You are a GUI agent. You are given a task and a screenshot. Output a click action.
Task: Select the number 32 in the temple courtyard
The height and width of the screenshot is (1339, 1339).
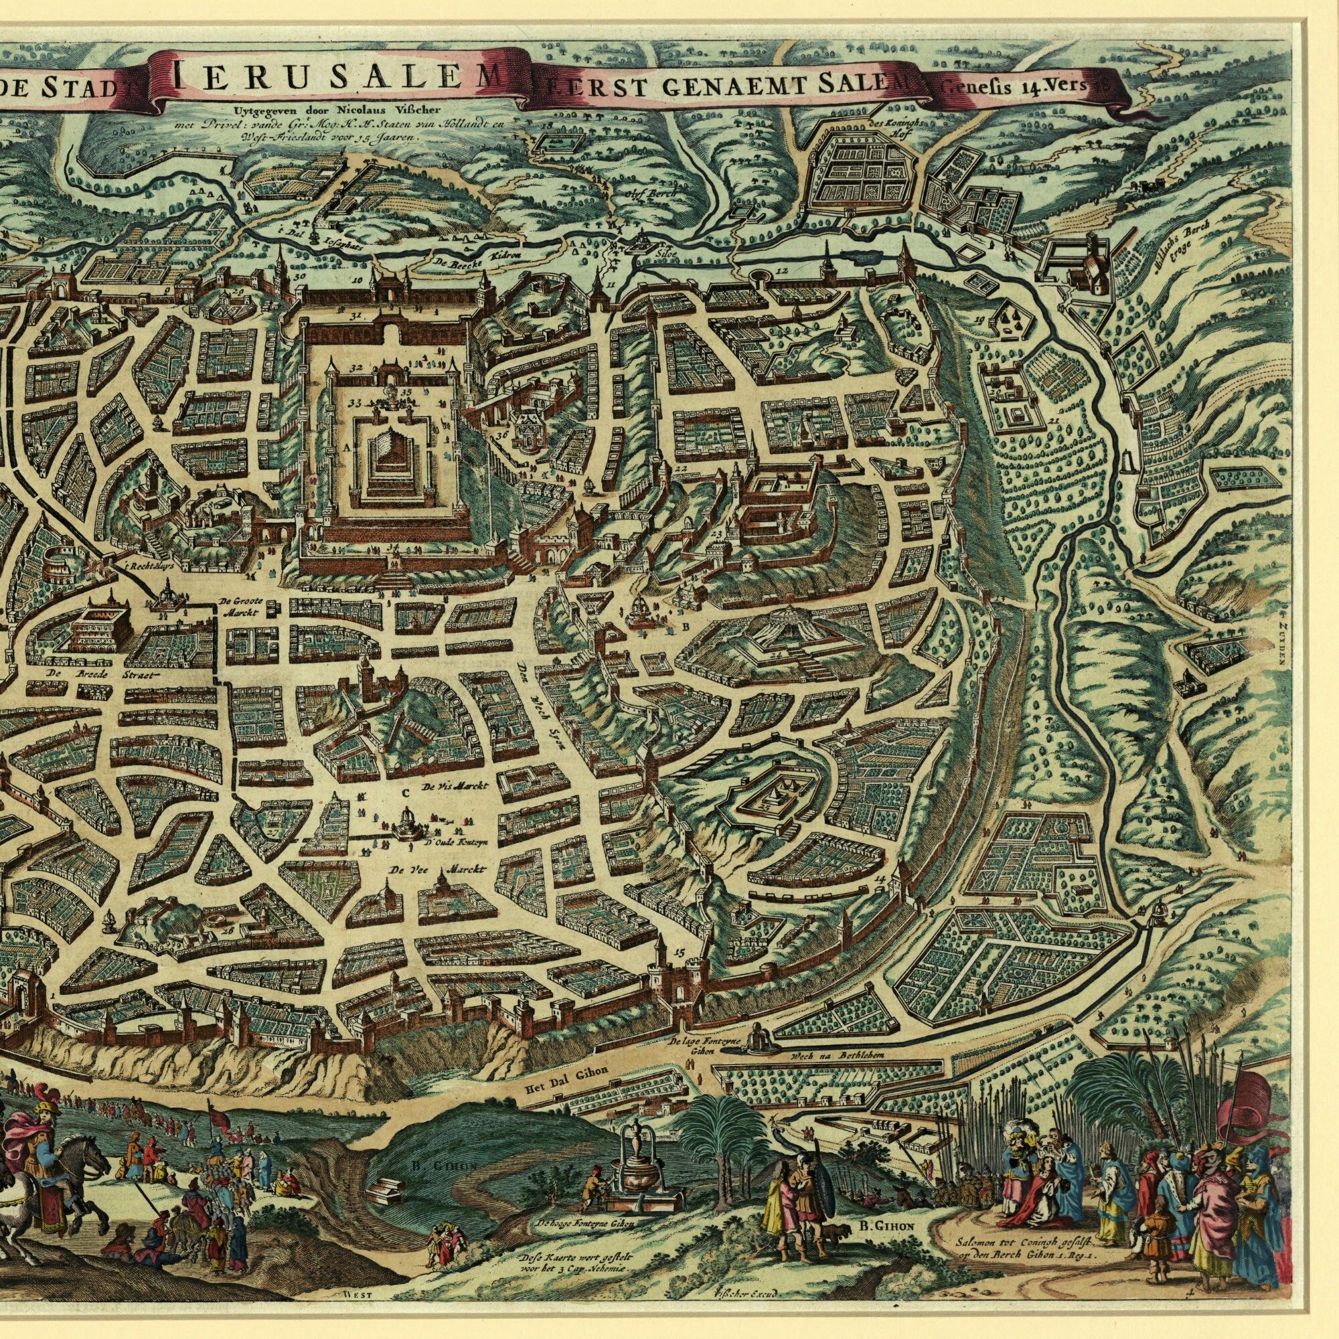click(x=358, y=367)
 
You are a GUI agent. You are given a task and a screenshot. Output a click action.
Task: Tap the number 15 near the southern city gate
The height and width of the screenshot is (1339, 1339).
click(x=676, y=953)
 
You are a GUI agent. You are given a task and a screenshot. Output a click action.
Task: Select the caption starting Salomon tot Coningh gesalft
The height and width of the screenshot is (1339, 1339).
click(x=1018, y=1248)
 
